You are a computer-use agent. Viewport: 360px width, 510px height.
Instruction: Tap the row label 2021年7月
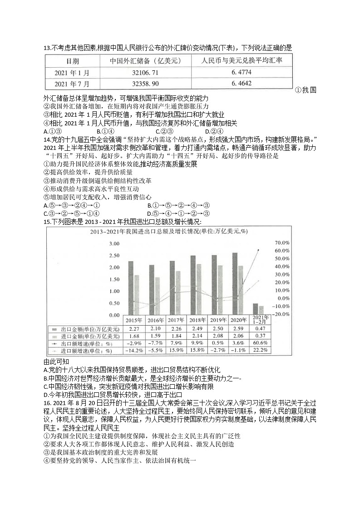point(72,84)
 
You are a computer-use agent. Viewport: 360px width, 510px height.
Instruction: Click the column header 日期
point(72,61)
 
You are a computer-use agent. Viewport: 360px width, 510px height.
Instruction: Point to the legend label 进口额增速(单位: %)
point(86,351)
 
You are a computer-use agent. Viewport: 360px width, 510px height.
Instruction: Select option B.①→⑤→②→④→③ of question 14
point(178,205)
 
